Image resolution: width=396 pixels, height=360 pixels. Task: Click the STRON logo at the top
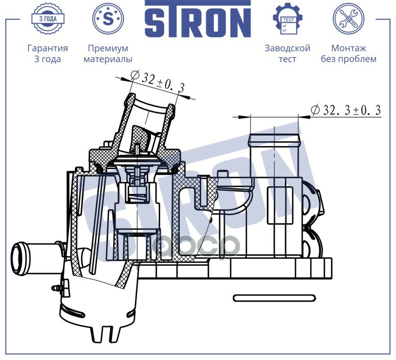coord(198,19)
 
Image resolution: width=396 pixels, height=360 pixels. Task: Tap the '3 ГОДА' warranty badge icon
coord(48,18)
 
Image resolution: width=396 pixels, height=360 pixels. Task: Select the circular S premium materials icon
coord(108,18)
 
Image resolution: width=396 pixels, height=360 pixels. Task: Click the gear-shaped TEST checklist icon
coord(288,18)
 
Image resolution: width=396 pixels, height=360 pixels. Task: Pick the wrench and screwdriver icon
coord(348,18)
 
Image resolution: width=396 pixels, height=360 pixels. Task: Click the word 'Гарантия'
coord(48,48)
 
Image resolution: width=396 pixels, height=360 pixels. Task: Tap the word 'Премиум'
coord(108,48)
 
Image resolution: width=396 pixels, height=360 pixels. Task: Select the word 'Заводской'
coord(288,48)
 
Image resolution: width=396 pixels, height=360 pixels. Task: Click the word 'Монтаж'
coord(348,48)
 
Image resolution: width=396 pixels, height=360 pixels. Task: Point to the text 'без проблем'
coord(348,59)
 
